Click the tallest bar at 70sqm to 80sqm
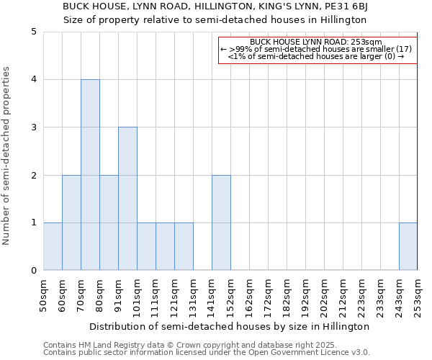pos(90,175)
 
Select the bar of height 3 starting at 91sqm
pos(127,199)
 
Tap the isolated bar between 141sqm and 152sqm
pos(221,222)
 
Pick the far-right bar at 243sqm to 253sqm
pos(408,246)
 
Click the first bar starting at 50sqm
pos(53,246)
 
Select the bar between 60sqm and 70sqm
pos(71,222)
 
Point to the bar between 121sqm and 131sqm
pos(184,246)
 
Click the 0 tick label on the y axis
pos(34,271)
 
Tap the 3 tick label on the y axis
pos(34,127)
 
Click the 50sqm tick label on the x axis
pos(43,296)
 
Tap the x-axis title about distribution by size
pos(230,326)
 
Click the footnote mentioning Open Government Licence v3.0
pos(207,353)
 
